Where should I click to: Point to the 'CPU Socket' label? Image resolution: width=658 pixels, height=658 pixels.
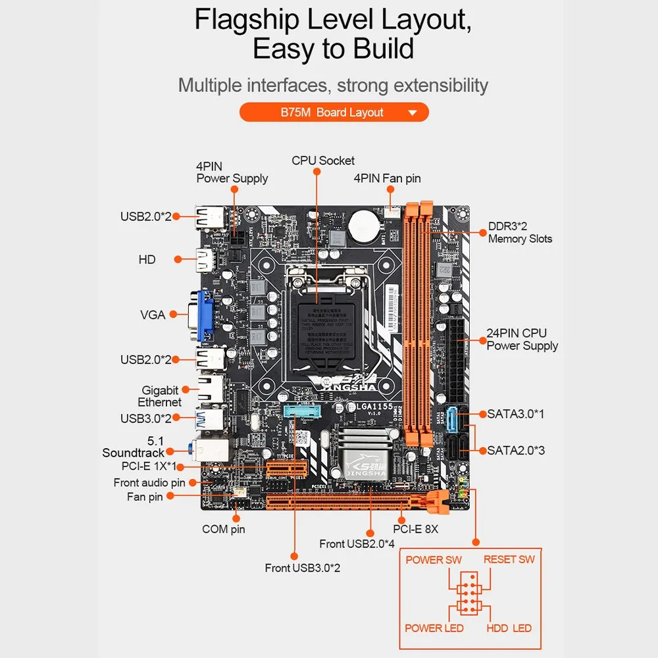coord(323,161)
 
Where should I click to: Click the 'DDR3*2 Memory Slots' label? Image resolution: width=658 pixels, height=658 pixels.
coord(520,233)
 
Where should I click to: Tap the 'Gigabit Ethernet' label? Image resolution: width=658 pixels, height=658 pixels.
coord(159,396)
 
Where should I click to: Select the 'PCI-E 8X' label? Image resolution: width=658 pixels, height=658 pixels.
coord(415,528)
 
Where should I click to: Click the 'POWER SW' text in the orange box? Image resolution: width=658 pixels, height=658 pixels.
coord(434,560)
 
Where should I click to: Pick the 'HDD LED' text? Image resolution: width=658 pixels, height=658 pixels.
coord(509,628)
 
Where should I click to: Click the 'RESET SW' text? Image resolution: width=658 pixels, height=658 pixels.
coord(509,560)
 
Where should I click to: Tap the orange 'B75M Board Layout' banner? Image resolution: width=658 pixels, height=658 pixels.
coord(334,113)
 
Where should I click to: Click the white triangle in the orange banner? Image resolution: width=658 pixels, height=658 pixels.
coord(413,113)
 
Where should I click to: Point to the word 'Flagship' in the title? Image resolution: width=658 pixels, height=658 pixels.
coord(247,20)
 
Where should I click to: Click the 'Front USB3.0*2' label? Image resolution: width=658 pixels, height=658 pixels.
coord(303,568)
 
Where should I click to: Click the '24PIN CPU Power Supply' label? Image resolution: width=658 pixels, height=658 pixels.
coord(522,340)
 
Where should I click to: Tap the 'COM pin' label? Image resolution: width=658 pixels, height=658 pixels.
coord(224,529)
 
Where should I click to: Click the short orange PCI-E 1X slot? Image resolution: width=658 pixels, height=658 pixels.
coord(288,468)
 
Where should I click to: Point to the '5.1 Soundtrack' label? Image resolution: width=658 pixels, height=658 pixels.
coord(133,447)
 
